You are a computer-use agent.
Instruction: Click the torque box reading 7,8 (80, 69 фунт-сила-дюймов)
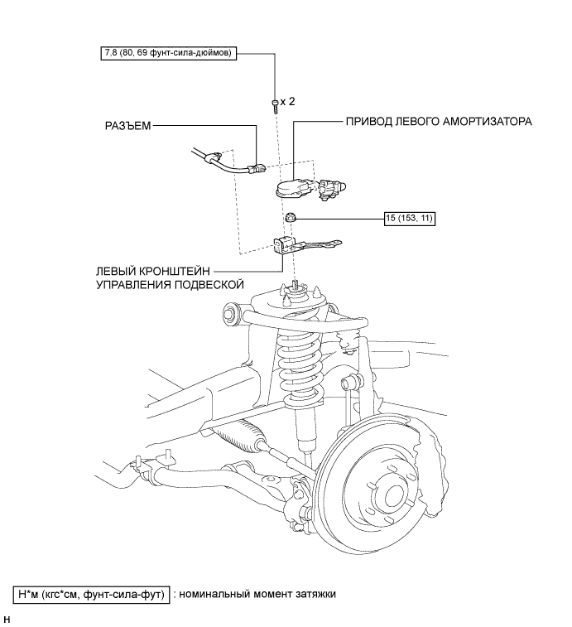click(x=168, y=53)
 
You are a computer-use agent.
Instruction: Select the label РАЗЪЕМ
click(x=128, y=126)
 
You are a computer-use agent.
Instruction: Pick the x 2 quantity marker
click(x=287, y=102)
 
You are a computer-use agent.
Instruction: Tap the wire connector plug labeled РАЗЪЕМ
click(x=256, y=169)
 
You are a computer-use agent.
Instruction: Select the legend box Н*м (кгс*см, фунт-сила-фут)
click(x=92, y=594)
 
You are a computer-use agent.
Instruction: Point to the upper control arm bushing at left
click(x=230, y=311)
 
